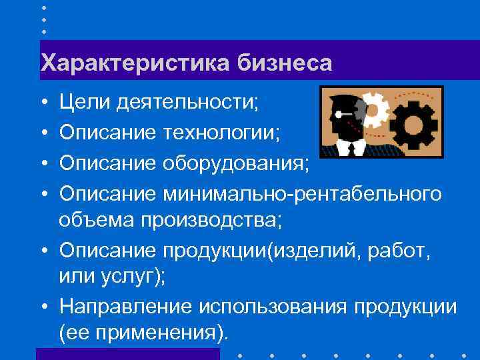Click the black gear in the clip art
413,124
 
